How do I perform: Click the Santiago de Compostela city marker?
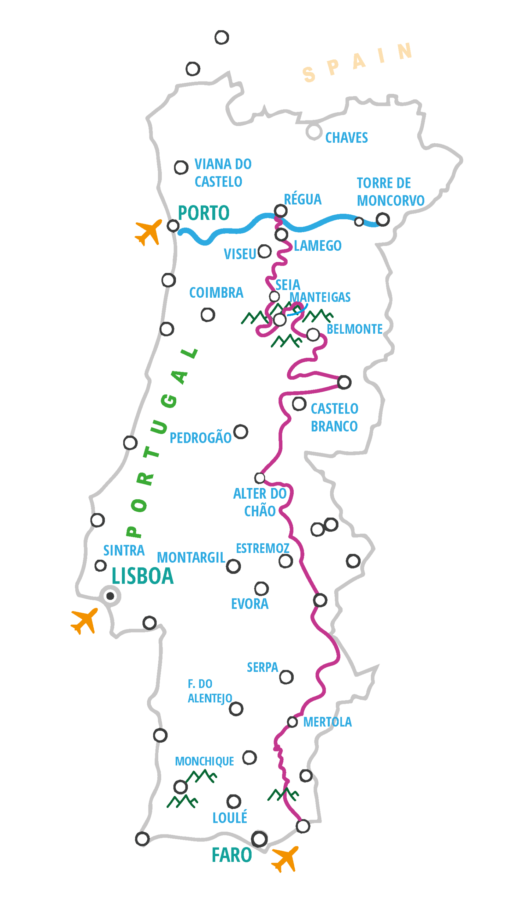coord(222,37)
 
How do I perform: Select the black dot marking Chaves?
coord(314,132)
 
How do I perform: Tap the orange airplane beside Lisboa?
coord(85,620)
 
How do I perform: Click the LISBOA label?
coord(143,576)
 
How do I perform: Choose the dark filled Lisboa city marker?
coord(110,596)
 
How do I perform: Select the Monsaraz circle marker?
coord(320,600)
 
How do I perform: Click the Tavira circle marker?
coord(303,826)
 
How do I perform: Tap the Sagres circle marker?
coord(142,839)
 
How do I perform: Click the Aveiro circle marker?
coord(169,280)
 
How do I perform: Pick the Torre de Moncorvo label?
coord(390,192)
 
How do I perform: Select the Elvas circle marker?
coord(353,561)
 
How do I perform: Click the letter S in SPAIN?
coord(309,75)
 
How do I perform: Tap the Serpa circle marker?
coord(286,677)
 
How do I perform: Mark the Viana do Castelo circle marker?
coord(181,167)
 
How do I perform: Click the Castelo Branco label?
coord(334,417)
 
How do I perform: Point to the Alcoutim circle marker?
coord(306,776)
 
